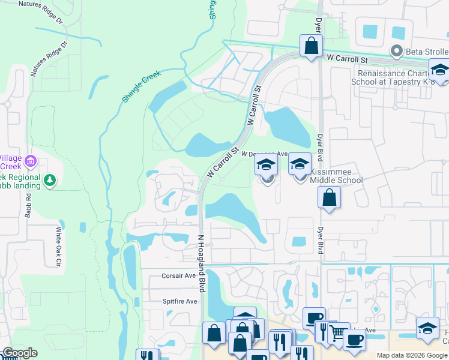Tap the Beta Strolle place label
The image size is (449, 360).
tap(427, 52)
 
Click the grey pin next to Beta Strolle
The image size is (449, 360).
tap(396, 52)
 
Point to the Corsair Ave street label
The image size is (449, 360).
tap(179, 276)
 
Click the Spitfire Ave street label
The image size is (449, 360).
tap(179, 301)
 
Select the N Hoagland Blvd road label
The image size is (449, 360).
tap(202, 262)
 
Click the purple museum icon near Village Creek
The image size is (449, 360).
tap(31, 161)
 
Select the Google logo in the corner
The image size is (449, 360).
tap(20, 353)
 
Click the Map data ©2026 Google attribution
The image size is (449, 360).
tap(411, 355)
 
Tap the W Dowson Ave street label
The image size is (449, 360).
tap(265, 154)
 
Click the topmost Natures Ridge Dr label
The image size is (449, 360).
tap(40, 4)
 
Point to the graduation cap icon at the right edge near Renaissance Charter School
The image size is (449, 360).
tap(440, 71)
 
